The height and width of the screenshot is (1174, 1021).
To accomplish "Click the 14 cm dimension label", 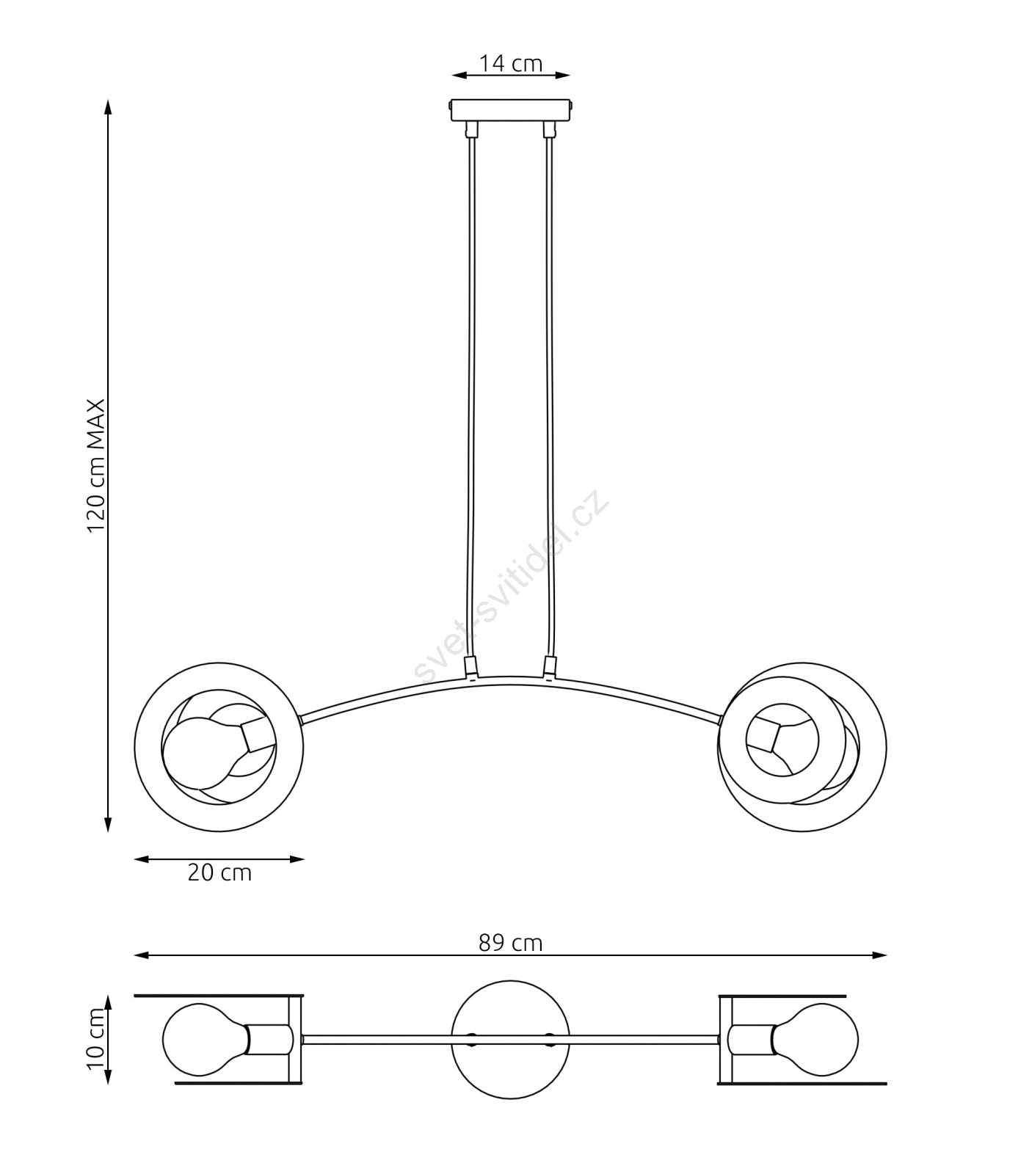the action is coord(511,64).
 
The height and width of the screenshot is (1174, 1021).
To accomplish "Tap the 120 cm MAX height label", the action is coord(97,466).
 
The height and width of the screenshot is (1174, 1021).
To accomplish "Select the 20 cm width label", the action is coord(219,873).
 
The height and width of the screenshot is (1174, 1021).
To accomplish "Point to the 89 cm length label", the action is coord(511,943).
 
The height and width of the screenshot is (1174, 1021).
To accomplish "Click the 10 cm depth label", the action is coord(97,1039).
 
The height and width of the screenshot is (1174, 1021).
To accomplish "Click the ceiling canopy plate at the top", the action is coord(511,111).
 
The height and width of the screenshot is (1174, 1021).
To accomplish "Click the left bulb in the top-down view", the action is coord(204,1040).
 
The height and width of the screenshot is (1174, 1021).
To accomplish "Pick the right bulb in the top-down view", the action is coord(815,1040).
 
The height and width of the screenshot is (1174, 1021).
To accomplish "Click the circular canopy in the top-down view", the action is coord(511,1040).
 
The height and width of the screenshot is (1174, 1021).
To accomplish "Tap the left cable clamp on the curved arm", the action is coord(471,667).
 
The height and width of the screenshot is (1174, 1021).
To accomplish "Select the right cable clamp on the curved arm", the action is coord(549,667).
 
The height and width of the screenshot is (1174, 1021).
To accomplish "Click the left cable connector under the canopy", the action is coord(471,130).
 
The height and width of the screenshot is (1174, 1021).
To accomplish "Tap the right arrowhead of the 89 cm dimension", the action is coord(879,955).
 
